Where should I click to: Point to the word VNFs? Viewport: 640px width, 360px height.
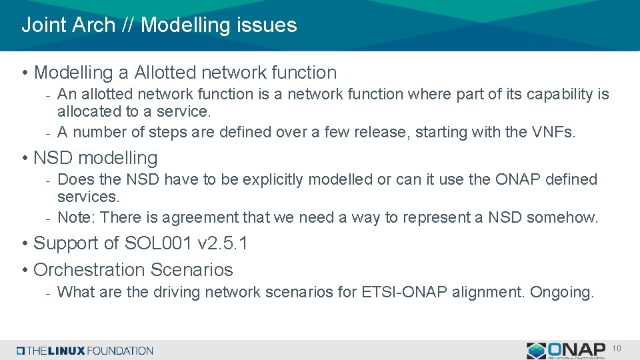tap(553, 132)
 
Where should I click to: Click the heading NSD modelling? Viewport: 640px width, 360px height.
tap(95, 158)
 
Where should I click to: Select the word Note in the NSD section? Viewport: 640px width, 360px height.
tap(76, 217)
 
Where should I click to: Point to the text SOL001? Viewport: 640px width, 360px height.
tap(157, 243)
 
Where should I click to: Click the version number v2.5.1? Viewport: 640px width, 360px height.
tap(223, 243)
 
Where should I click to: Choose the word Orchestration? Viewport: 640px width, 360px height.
tap(89, 270)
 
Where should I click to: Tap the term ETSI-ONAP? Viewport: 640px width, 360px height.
tap(404, 292)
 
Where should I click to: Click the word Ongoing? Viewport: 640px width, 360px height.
tap(561, 293)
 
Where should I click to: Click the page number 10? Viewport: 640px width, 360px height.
tap(616, 349)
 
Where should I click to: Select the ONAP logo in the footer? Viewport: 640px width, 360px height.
tap(566, 351)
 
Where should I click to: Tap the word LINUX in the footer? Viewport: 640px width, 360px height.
tap(67, 351)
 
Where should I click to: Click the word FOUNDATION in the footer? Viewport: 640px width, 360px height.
tap(120, 351)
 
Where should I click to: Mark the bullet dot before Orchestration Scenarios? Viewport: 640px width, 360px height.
tap(25, 270)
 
